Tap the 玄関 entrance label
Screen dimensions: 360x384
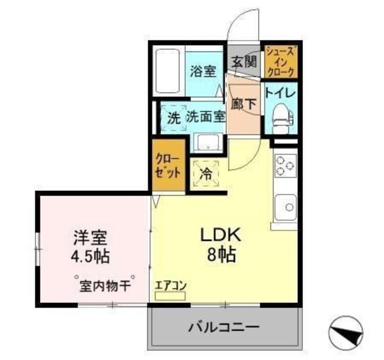tap(244, 61)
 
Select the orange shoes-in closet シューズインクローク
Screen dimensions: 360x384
tap(280, 61)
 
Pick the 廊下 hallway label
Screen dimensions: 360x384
tap(244, 103)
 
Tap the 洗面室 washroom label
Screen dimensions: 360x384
tap(205, 117)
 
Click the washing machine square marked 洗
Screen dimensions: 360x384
tap(173, 118)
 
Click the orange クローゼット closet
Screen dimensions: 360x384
tap(167, 166)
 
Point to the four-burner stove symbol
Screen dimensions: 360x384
tap(285, 166)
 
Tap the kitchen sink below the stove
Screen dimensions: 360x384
tap(287, 208)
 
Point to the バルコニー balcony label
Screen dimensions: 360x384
tap(223, 328)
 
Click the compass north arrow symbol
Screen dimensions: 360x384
tap(347, 331)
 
